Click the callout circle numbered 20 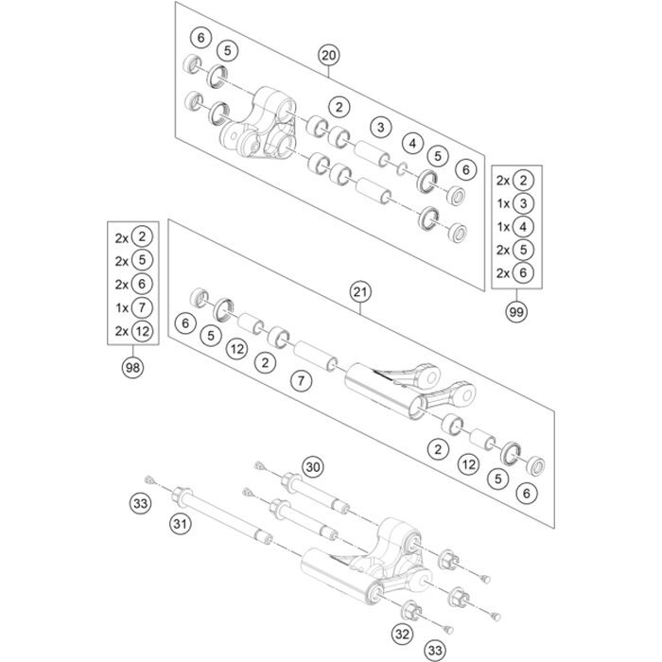(329, 55)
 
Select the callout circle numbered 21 (360, 292)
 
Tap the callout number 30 (313, 467)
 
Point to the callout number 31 (181, 524)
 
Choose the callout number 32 (402, 634)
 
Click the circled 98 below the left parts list (132, 367)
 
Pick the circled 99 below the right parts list (516, 312)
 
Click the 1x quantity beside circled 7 (122, 308)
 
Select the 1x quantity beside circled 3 (503, 204)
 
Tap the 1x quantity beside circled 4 (503, 227)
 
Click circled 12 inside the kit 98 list (142, 331)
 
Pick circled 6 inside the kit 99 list (523, 272)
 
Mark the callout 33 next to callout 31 (140, 503)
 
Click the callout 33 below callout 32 (434, 651)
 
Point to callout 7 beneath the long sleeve (301, 381)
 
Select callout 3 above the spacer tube (381, 127)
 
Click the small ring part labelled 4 (402, 169)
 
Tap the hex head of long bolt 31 (182, 496)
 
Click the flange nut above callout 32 (411, 610)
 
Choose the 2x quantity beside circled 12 (122, 331)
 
